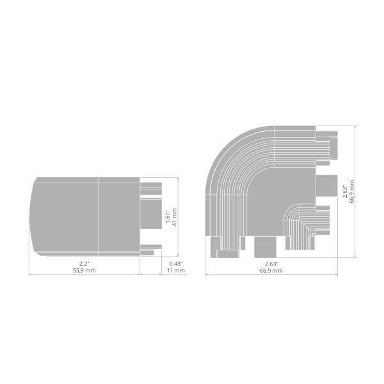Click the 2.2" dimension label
click(84, 264)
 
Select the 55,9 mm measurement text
click(84, 271)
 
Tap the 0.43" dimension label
click(176, 264)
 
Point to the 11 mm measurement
click(176, 271)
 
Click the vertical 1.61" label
click(168, 217)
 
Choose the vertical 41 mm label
click(175, 217)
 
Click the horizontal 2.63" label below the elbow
click(271, 264)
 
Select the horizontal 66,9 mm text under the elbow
click(271, 271)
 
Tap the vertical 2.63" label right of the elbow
click(345, 191)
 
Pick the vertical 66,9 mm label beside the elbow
click(351, 191)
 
